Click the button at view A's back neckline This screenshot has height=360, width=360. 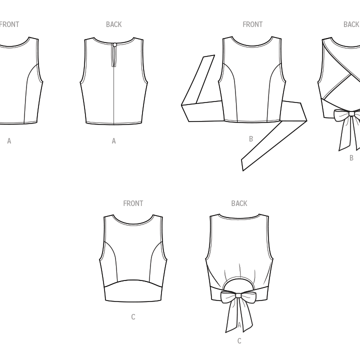pyautogui.click(x=114, y=45)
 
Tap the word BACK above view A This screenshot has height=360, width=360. pyautogui.click(x=114, y=24)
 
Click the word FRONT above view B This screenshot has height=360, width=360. pyautogui.click(x=252, y=24)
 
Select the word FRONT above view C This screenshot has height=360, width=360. pyautogui.click(x=133, y=203)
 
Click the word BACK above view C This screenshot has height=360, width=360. pyautogui.click(x=239, y=203)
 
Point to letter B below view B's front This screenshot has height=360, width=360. pyautogui.click(x=251, y=139)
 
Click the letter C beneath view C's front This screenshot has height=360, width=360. pyautogui.click(x=133, y=317)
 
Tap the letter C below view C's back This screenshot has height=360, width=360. pyautogui.click(x=239, y=341)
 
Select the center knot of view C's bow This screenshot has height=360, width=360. pyautogui.click(x=238, y=295)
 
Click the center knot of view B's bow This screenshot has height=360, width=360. pyautogui.click(x=351, y=113)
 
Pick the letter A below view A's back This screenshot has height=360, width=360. pyautogui.click(x=114, y=141)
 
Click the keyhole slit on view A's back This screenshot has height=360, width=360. pyautogui.click(x=114, y=56)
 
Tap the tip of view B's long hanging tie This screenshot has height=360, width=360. pyautogui.click(x=242, y=170)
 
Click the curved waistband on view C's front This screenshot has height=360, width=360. pyautogui.click(x=133, y=290)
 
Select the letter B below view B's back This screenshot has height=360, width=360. pyautogui.click(x=351, y=158)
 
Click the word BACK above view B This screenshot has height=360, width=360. pyautogui.click(x=351, y=24)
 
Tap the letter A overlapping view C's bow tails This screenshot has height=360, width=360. pyautogui.click(x=239, y=325)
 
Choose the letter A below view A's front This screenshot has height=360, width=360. pyautogui.click(x=9, y=141)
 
